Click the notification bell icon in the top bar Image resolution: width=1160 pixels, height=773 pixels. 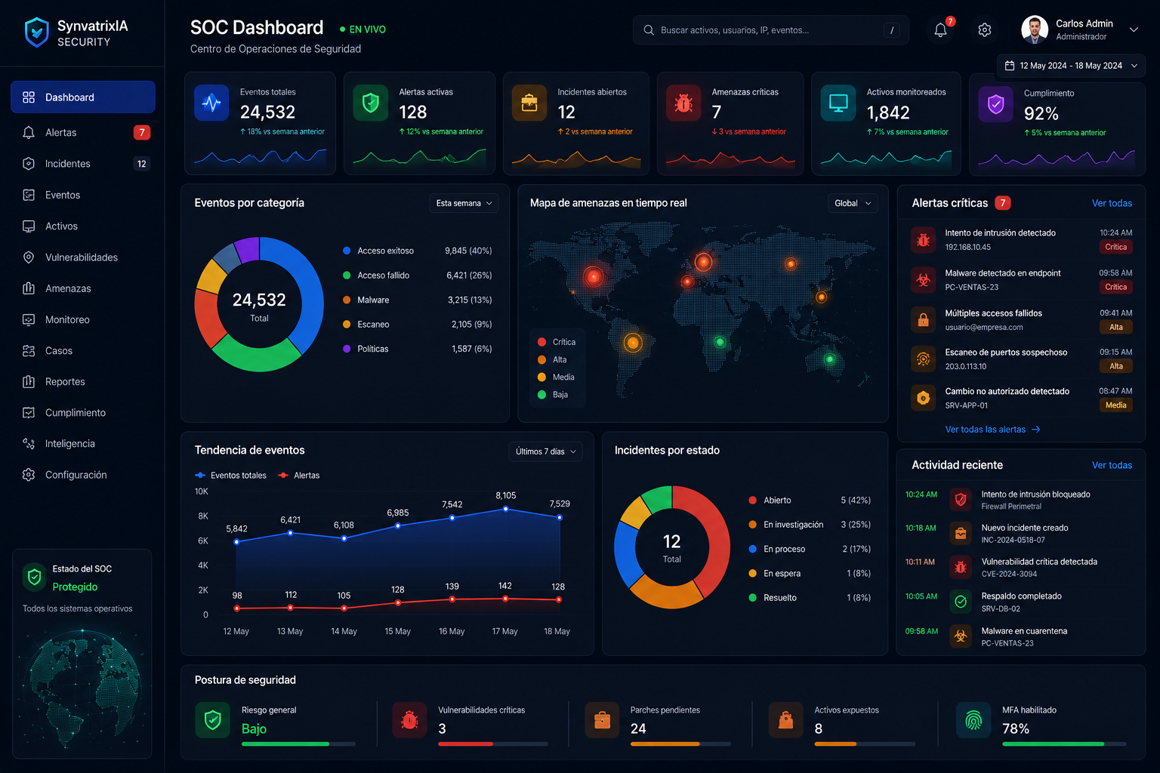point(940,30)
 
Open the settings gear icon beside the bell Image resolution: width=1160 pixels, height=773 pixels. point(985,30)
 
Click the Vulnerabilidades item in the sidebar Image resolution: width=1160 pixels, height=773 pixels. point(82,257)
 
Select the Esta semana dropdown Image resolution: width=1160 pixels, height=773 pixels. point(464,203)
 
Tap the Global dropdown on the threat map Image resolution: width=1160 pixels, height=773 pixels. point(853,203)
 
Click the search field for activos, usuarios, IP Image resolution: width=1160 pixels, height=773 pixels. point(770,30)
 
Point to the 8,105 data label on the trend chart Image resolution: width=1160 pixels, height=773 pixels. point(505,495)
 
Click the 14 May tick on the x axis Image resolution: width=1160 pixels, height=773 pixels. point(344,631)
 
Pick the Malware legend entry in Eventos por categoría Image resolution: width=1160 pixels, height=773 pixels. point(373,300)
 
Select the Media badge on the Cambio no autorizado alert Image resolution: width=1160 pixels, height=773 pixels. point(1115,405)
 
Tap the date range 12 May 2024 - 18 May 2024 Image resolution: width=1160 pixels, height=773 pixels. point(1071,66)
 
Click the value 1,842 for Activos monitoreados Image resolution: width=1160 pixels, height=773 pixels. point(888,112)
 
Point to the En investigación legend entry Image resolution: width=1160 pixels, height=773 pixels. point(793,525)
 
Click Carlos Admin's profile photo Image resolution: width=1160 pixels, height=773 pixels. point(1034,29)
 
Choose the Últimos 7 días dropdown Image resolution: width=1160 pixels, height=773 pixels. point(545,451)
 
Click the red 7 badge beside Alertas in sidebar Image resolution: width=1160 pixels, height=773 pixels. point(142,133)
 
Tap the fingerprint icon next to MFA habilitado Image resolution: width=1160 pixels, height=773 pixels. point(973,719)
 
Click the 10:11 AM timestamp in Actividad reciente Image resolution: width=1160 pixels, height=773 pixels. point(920,562)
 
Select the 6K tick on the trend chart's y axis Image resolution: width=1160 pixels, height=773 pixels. point(202,540)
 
